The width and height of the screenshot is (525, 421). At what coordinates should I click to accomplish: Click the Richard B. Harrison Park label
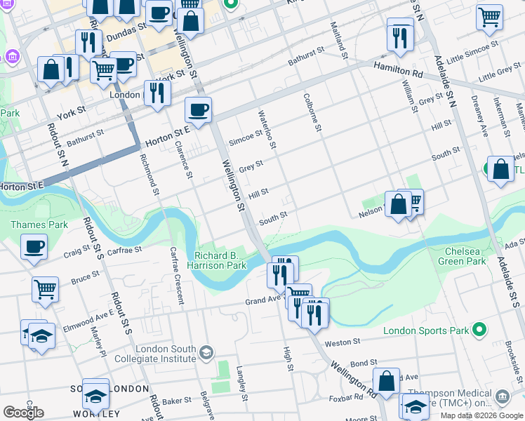point(220,261)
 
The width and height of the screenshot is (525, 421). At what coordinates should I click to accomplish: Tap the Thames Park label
point(29,225)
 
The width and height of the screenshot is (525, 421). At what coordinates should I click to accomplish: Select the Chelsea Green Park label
point(465,256)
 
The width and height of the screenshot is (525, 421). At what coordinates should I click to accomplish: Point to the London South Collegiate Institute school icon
point(206,352)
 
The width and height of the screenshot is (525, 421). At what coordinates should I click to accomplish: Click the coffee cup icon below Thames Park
point(34,247)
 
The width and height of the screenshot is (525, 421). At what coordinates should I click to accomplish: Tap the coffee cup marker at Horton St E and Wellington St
point(199,110)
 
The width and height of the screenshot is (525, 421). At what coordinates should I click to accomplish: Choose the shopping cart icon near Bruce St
point(45,288)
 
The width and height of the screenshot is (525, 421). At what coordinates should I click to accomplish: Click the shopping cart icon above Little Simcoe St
point(489,17)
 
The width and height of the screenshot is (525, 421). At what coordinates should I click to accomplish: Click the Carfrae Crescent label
point(175,276)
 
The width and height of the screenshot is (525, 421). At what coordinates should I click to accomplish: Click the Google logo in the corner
point(24,412)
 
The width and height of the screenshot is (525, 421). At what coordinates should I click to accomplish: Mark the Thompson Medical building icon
point(503,397)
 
